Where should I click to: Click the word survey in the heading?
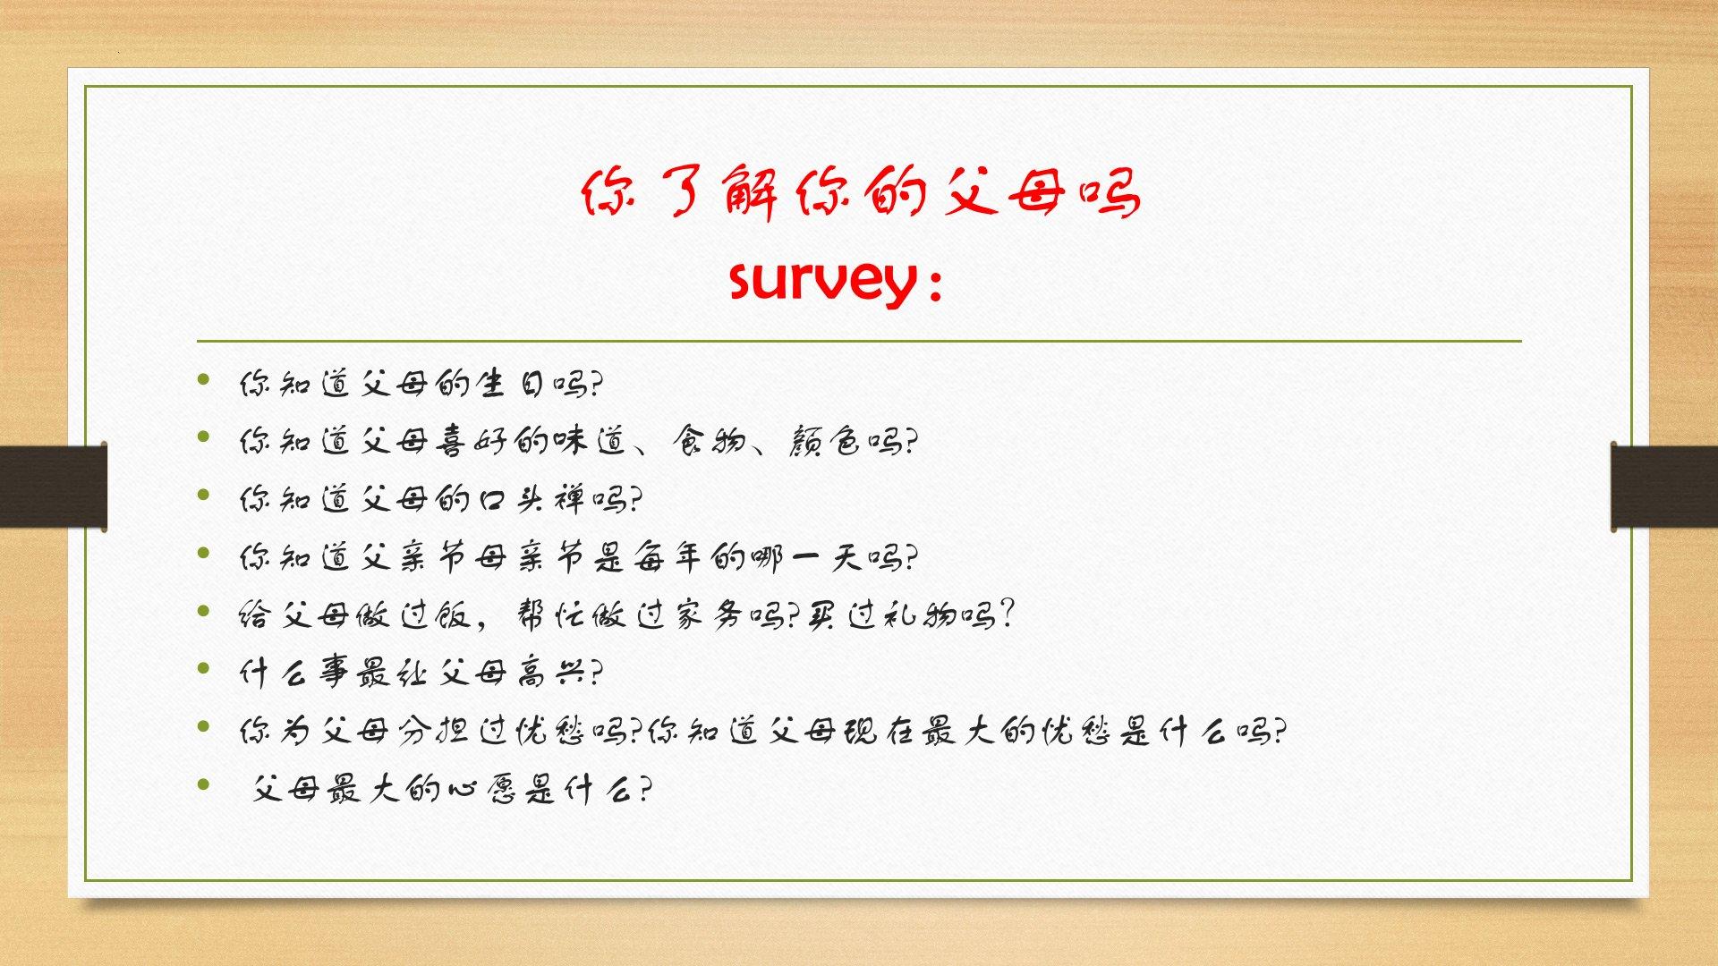[x=822, y=282]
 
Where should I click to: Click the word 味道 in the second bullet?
[x=590, y=441]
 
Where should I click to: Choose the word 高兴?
[x=551, y=673]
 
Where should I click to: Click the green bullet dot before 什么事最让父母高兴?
[x=205, y=668]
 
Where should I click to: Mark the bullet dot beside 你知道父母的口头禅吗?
[x=205, y=495]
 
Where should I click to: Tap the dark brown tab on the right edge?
[x=1664, y=487]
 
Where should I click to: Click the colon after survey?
[x=936, y=287]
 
